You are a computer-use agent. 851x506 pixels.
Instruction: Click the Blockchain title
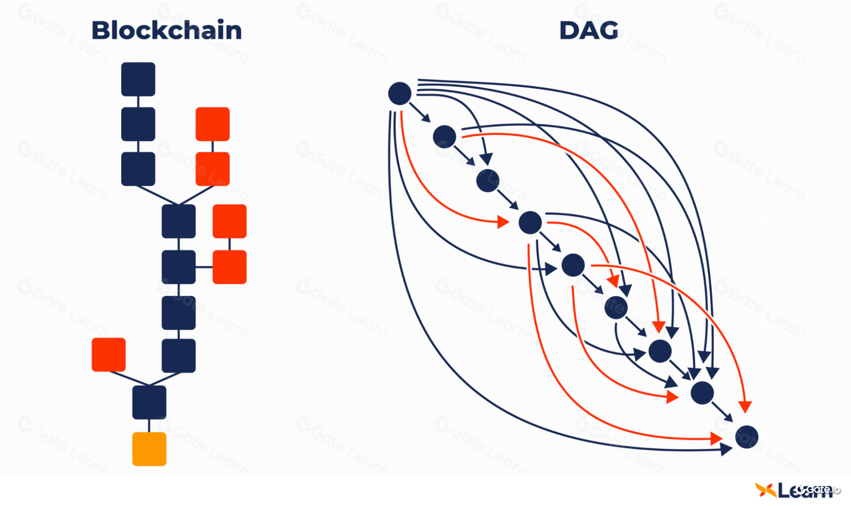pyautogui.click(x=166, y=31)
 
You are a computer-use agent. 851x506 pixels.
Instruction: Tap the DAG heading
pyautogui.click(x=588, y=31)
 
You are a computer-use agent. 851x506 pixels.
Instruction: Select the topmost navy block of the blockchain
pyautogui.click(x=138, y=79)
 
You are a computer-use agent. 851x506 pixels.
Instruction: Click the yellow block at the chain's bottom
pyautogui.click(x=149, y=449)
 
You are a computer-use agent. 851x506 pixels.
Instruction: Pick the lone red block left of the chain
pyautogui.click(x=109, y=354)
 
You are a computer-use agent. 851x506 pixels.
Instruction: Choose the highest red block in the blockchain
pyautogui.click(x=212, y=124)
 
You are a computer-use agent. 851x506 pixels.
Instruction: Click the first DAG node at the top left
pyautogui.click(x=399, y=94)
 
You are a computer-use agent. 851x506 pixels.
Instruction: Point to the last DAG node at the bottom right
pyautogui.click(x=747, y=437)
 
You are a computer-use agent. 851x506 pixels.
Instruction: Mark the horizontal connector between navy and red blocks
pyautogui.click(x=204, y=267)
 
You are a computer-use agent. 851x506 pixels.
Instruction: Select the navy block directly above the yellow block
pyautogui.click(x=149, y=402)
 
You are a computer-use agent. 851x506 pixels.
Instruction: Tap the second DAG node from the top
pyautogui.click(x=444, y=137)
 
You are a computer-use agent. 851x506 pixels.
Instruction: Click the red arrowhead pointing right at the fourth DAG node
pyautogui.click(x=504, y=222)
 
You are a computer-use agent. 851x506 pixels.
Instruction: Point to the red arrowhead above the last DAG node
pyautogui.click(x=745, y=407)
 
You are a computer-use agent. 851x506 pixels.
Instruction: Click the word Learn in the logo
pyautogui.click(x=805, y=490)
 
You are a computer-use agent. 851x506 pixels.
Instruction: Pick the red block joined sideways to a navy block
pyautogui.click(x=229, y=267)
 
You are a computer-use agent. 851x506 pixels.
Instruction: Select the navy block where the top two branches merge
pyautogui.click(x=178, y=221)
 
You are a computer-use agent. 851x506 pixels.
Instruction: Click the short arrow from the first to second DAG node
pyautogui.click(x=420, y=112)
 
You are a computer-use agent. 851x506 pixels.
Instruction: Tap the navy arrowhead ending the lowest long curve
pyautogui.click(x=726, y=449)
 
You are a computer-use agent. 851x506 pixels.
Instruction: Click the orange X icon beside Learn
pyautogui.click(x=765, y=490)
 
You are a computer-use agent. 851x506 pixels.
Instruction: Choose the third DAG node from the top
pyautogui.click(x=487, y=180)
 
